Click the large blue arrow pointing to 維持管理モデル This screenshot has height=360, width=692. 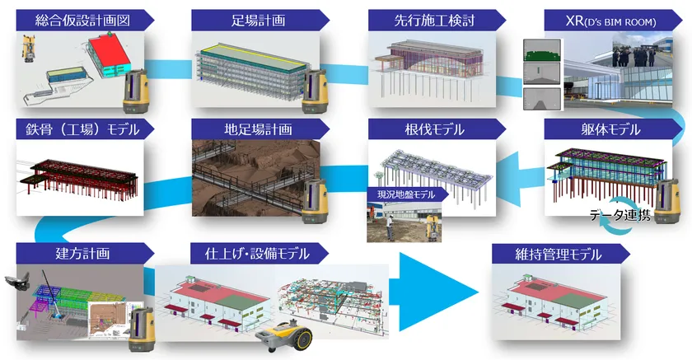437,289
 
